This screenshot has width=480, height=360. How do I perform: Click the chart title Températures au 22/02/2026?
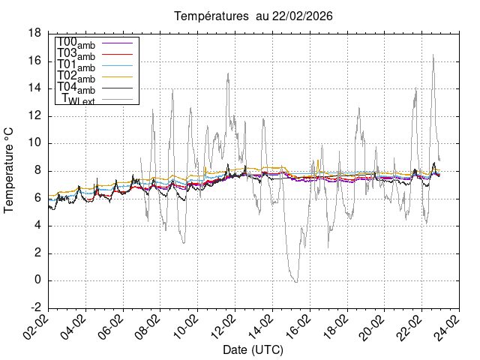[x=253, y=16]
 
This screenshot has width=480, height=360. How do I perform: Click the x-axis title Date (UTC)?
[x=253, y=350]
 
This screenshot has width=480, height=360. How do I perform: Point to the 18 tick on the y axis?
[x=34, y=33]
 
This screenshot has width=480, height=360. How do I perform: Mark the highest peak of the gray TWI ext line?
[x=433, y=55]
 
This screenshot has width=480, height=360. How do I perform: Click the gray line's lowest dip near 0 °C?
[x=296, y=282]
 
